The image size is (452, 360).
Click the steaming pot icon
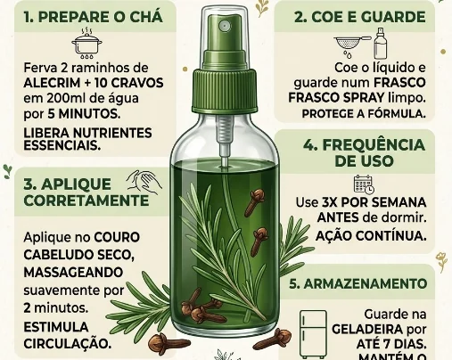click(86, 43)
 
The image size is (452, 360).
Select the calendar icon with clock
click(364, 184)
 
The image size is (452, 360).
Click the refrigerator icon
click(313, 334)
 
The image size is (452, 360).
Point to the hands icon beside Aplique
click(144, 181)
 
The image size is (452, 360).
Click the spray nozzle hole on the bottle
click(223, 26)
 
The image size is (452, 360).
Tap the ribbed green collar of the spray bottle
click(224, 91)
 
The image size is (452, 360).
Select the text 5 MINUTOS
click(84, 114)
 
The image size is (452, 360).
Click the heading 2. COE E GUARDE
click(360, 17)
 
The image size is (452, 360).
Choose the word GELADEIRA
click(367, 330)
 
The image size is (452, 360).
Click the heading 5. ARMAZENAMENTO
click(358, 284)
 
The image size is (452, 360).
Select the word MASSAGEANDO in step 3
click(73, 273)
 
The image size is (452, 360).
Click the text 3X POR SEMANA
click(374, 202)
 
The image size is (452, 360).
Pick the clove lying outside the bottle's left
click(162, 342)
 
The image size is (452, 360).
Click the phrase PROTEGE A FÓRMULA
click(364, 114)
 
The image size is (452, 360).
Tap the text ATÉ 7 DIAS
click(391, 345)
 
